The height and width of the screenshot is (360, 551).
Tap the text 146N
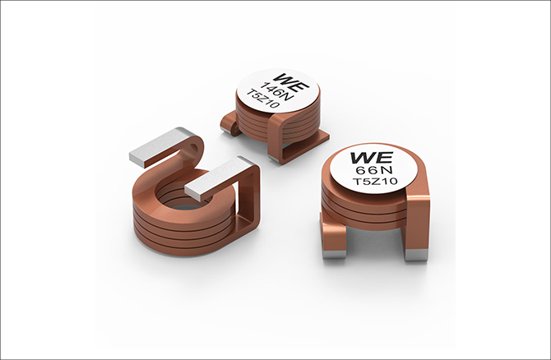(278, 90)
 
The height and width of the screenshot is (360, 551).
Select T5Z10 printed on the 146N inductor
(266, 99)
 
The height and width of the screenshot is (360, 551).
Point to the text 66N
(374, 170)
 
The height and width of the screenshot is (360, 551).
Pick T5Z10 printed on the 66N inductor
(375, 182)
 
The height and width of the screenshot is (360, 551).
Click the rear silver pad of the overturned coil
(161, 145)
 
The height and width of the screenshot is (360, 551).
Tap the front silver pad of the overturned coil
(218, 178)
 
